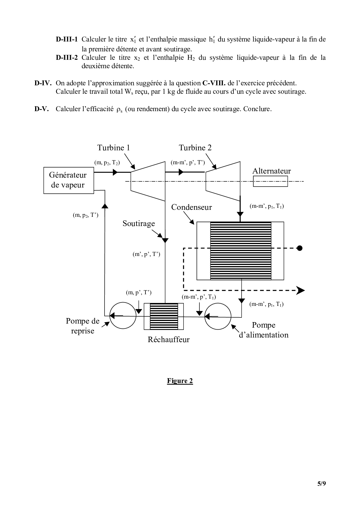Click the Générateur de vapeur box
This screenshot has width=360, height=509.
[69, 180]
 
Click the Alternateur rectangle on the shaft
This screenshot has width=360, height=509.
[270, 181]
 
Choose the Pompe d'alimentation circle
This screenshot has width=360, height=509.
[218, 316]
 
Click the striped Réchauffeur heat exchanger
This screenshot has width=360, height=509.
[164, 316]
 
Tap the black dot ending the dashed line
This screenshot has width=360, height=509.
[300, 248]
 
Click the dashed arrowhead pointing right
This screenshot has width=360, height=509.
[300, 290]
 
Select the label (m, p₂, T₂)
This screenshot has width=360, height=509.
[107, 163]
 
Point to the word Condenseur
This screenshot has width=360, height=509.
[191, 207]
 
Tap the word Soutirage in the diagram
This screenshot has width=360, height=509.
[138, 223]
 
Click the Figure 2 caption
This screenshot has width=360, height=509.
[180, 381]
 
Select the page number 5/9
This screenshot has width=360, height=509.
[321, 483]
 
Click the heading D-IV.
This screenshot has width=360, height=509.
[43, 83]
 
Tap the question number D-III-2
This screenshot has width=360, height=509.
[67, 57]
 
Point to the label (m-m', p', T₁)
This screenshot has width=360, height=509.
[199, 297]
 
